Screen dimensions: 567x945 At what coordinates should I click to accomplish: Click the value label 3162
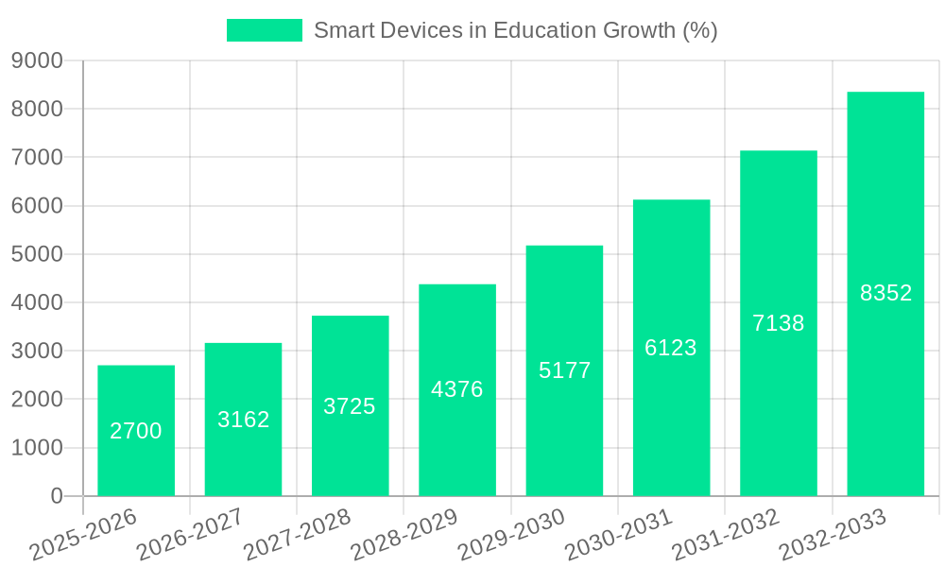[x=244, y=420]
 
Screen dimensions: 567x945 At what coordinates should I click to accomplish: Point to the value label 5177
[x=565, y=370]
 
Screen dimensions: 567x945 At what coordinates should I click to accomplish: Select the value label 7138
[x=779, y=323]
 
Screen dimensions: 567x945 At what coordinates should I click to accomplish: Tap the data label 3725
[x=350, y=406]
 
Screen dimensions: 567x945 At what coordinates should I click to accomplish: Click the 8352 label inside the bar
[x=885, y=293]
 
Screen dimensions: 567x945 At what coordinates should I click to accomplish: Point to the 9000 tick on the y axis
[x=37, y=60]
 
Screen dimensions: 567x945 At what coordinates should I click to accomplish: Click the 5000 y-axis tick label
[x=37, y=254]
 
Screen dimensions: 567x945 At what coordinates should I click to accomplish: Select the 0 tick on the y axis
[x=56, y=496]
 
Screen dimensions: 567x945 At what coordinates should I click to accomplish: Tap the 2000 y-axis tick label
[x=37, y=399]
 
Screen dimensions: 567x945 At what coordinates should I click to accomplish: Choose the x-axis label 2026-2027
[x=190, y=535]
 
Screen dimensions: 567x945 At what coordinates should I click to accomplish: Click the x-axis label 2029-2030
[x=511, y=535]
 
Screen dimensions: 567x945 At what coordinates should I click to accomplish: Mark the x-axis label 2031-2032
[x=726, y=535]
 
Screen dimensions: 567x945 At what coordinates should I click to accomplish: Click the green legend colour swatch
[x=265, y=30]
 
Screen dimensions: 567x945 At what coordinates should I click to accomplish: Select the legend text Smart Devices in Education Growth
[x=515, y=30]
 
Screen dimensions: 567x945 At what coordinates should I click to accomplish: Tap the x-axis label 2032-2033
[x=833, y=535]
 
